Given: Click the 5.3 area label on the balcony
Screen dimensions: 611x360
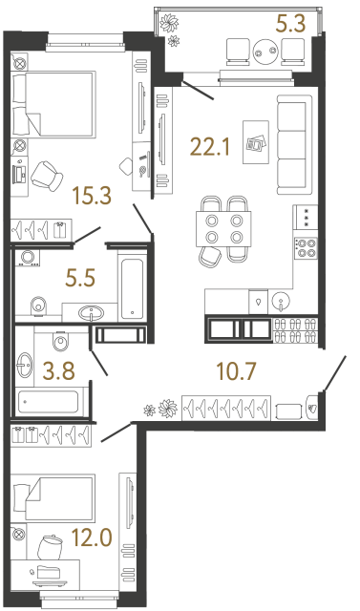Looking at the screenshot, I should [289, 22].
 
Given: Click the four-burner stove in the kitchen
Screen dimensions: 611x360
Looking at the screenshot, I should [306, 248].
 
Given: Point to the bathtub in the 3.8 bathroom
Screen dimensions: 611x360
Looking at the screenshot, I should [53, 398].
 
